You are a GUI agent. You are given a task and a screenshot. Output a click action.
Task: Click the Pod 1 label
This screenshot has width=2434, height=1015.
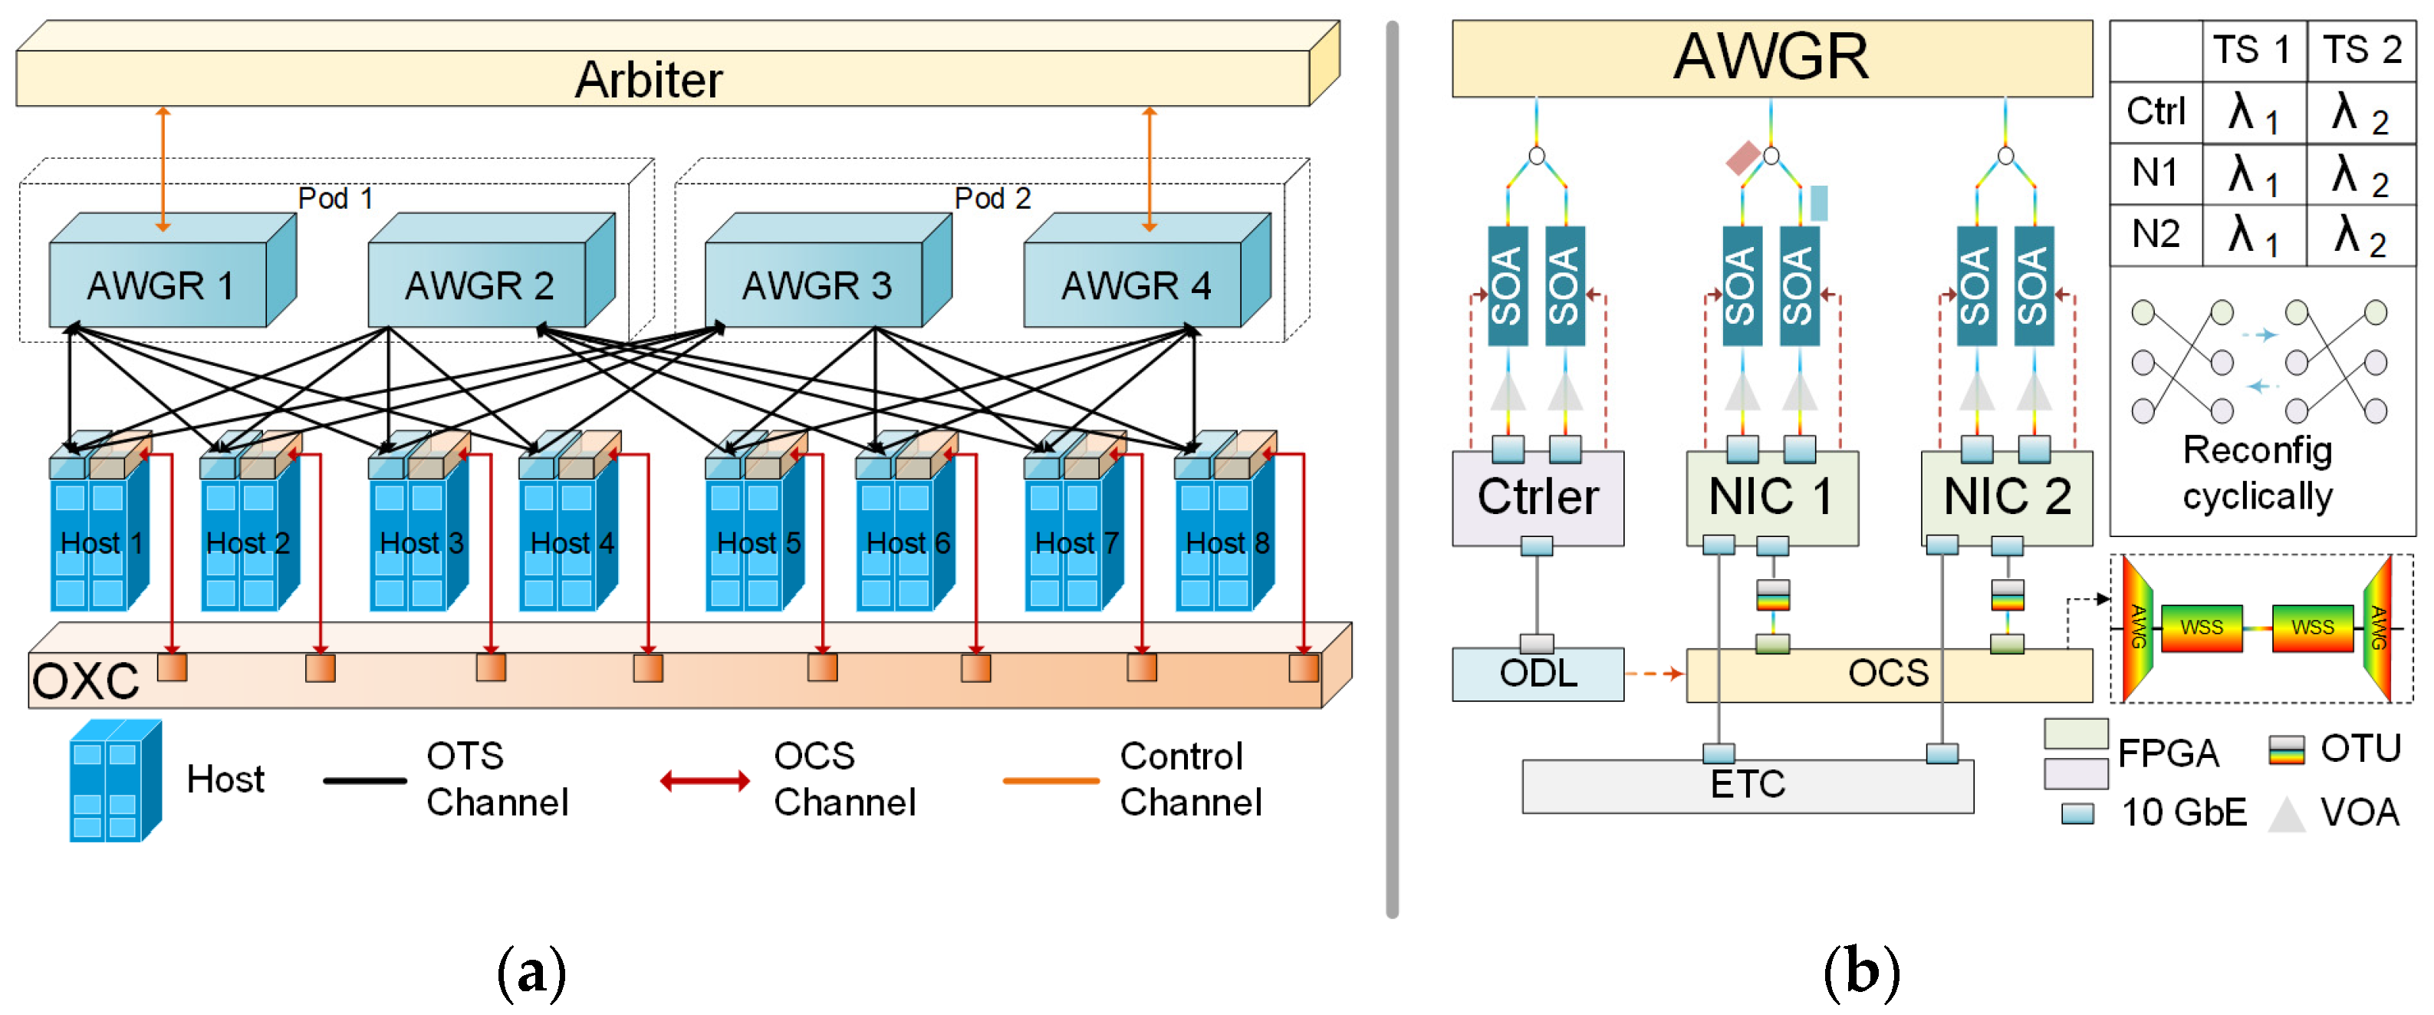tap(335, 199)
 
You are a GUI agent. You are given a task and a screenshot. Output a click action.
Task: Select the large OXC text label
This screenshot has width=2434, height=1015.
tap(85, 681)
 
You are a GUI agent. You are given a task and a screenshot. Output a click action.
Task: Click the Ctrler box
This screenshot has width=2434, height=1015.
tap(1538, 498)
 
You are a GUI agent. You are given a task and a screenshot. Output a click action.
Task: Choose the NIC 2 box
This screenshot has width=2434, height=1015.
tap(2006, 498)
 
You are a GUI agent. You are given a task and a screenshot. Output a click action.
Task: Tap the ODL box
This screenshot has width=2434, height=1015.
tap(1538, 674)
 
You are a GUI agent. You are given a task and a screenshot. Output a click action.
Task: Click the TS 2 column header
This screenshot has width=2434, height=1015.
tap(2361, 50)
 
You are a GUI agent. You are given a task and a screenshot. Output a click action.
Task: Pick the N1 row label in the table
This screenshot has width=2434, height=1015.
tap(2156, 173)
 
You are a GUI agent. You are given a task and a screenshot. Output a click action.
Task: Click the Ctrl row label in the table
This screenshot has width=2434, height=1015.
tap(2156, 111)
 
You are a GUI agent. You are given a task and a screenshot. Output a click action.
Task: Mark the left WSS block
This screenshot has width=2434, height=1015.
tap(2201, 628)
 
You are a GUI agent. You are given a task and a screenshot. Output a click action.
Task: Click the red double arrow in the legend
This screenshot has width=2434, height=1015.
tap(705, 781)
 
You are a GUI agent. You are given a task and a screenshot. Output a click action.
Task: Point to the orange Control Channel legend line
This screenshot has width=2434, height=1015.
tap(1051, 781)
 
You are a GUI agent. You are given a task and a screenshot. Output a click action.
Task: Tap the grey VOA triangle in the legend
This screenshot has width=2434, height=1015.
tap(2288, 814)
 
